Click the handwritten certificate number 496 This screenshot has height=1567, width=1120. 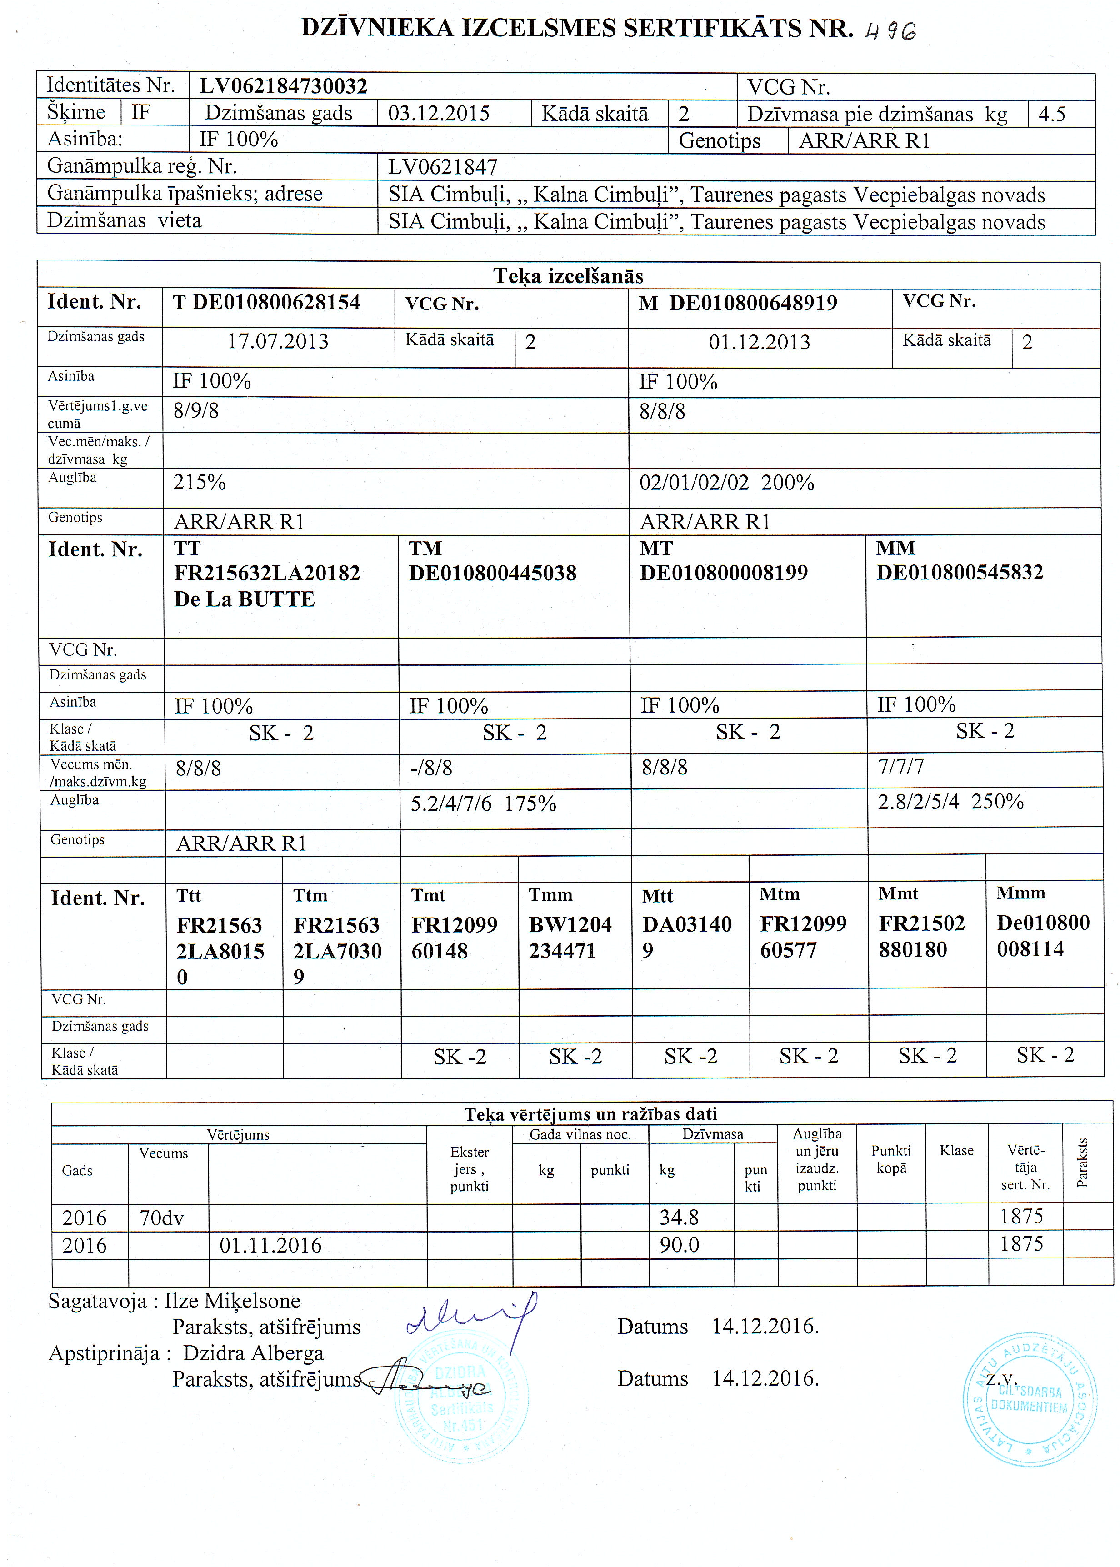coord(890,31)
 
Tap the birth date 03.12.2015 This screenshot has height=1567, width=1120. coord(439,113)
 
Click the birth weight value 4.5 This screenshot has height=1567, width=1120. coord(1052,114)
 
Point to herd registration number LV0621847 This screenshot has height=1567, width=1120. coord(442,167)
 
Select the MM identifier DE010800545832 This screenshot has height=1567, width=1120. coord(959,572)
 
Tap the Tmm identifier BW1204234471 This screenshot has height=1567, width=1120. coord(570,938)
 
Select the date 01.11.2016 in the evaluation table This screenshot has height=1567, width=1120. coord(270,1245)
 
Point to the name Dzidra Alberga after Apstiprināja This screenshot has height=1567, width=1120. coord(253,1353)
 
